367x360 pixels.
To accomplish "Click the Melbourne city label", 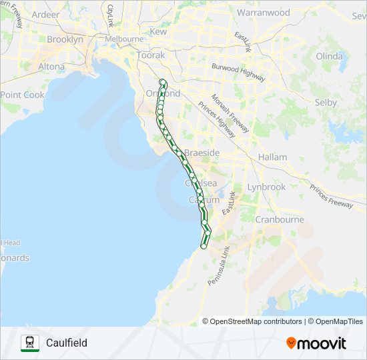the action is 123,39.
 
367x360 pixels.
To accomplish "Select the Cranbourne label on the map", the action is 280,219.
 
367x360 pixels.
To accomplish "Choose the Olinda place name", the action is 328,56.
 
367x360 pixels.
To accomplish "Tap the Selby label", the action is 326,103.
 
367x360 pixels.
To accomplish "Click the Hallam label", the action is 274,157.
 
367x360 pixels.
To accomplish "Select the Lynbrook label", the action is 266,187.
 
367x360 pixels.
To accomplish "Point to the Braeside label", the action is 202,153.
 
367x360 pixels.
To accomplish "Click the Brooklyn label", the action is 65,39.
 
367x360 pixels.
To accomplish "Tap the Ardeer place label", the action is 45,14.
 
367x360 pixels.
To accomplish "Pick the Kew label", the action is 158,31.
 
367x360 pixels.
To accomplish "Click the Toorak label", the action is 151,55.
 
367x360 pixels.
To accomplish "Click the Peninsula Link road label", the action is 218,266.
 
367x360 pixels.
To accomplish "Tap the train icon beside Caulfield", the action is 30,343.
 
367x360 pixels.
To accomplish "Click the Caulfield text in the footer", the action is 67,343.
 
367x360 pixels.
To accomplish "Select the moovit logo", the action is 316,343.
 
